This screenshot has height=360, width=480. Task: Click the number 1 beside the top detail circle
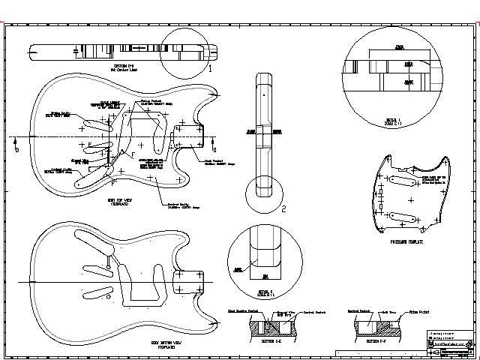point(210,68)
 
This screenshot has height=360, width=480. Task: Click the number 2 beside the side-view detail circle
point(283,209)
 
